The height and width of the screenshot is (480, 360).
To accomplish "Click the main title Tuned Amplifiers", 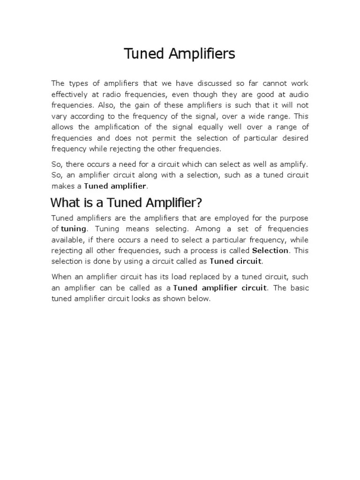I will click(x=180, y=54).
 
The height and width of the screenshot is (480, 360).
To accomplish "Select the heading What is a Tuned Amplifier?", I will click(x=126, y=203).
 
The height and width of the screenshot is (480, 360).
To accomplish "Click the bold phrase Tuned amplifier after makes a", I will click(x=115, y=186).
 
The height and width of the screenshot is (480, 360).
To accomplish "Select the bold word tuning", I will click(x=74, y=229).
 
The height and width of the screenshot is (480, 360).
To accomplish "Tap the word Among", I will click(x=208, y=229).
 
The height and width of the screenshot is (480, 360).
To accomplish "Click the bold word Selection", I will click(x=270, y=250).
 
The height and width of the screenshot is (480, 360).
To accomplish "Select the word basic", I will click(x=298, y=288).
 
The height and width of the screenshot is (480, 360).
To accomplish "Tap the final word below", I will click(x=200, y=299).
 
